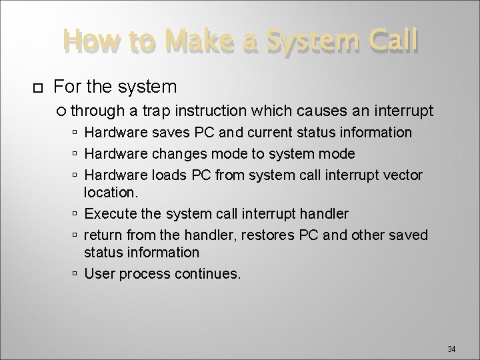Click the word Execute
point(109,213)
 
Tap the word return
point(102,235)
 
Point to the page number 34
point(451,349)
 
